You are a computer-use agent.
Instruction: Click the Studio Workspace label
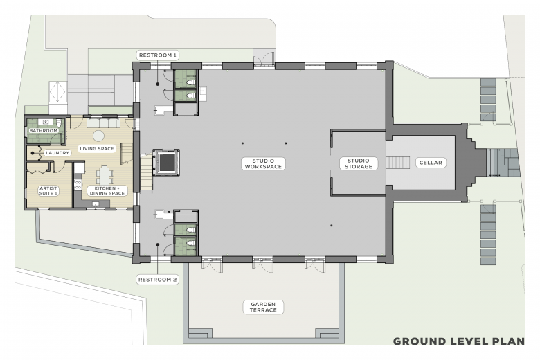coord(264,163)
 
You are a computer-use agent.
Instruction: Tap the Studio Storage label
coord(359,163)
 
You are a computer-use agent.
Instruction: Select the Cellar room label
coord(431,163)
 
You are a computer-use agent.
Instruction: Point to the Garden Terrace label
coord(264,307)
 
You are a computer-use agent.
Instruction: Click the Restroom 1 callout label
coord(157,55)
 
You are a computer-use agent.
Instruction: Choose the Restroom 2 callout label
coord(157,280)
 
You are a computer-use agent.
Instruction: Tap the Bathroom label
coord(44,131)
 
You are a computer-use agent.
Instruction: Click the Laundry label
coord(57,152)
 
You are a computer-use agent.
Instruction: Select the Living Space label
coord(97,149)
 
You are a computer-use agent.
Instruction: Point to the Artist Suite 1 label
coord(48,191)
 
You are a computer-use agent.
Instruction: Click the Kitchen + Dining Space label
coord(107,191)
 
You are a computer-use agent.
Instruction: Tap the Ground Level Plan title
coord(459,341)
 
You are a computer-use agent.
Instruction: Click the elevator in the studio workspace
coord(166,163)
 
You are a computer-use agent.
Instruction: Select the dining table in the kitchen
coord(104,175)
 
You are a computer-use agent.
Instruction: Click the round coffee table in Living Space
coord(99,136)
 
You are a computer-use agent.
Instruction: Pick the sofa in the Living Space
coord(103,123)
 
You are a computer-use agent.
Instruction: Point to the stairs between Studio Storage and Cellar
coord(398,163)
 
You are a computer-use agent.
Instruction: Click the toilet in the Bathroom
coord(59,123)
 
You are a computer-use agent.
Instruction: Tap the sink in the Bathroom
coord(46,122)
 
